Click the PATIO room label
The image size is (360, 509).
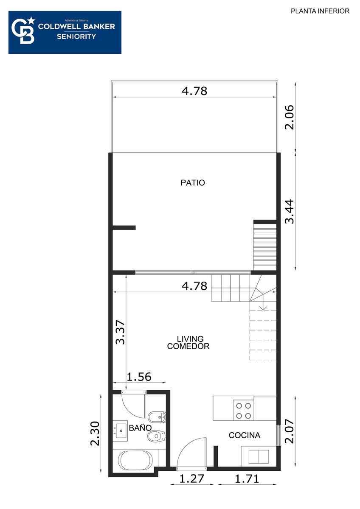point(193,183)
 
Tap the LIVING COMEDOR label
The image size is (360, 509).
point(188,342)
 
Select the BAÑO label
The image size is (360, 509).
point(140,428)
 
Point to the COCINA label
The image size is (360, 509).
point(245,435)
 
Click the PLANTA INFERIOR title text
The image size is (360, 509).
point(320,11)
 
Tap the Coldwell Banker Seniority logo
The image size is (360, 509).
point(65,33)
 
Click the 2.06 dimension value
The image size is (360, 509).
point(290,117)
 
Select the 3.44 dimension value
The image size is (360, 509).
point(290,212)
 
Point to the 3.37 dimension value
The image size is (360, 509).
point(120,333)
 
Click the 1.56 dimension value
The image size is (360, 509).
point(139,377)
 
